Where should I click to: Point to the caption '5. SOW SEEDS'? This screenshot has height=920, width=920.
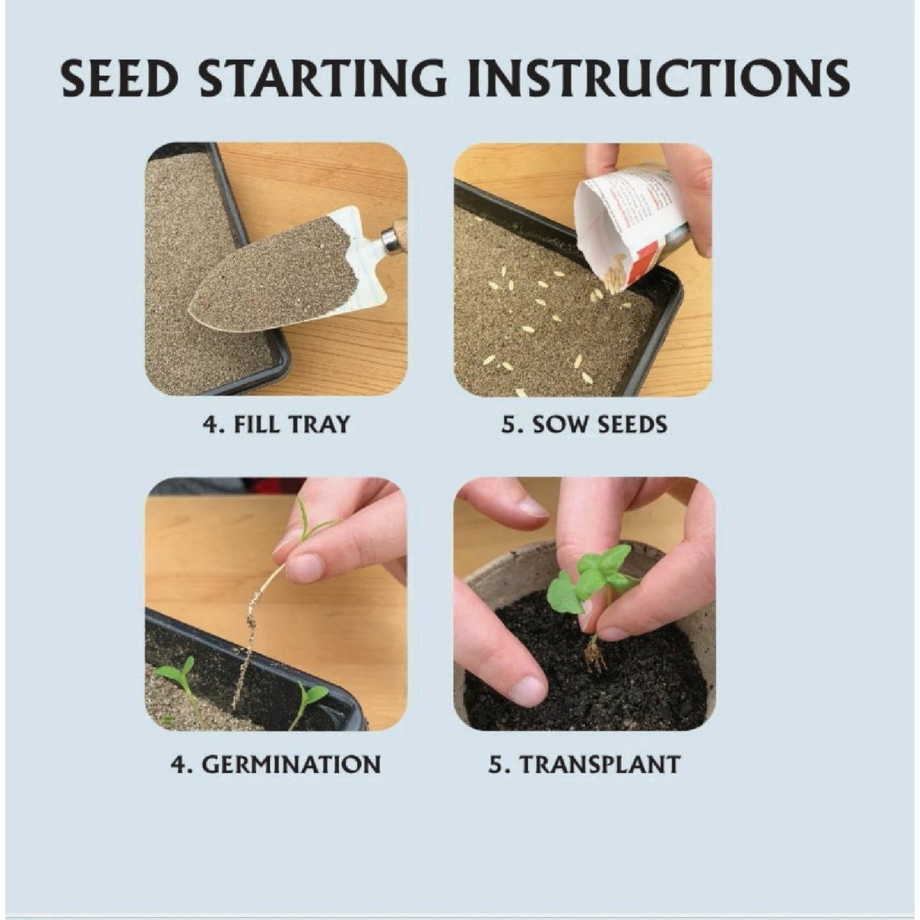(x=584, y=424)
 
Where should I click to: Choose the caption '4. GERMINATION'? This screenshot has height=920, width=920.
(x=275, y=764)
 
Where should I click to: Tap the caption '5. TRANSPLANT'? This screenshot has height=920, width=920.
(x=584, y=764)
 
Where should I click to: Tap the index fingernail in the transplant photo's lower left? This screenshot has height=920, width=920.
(x=528, y=690)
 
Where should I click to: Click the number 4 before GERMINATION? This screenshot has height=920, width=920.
(x=177, y=764)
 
